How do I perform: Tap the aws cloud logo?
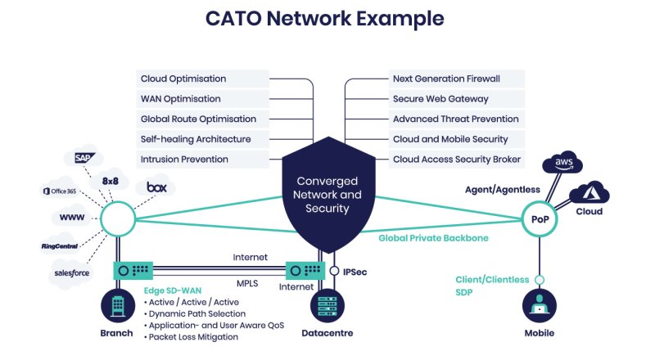[x=562, y=162]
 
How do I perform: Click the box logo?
[x=156, y=187]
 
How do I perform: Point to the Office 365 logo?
[x=60, y=191]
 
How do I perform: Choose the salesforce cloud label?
[x=71, y=273]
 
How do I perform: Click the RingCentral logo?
[x=59, y=246]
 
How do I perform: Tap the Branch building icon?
[x=118, y=306]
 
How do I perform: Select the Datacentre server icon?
[x=327, y=306]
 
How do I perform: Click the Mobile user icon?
[x=540, y=306]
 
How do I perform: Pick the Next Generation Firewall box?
[x=457, y=79]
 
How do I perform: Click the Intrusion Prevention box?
[x=202, y=159]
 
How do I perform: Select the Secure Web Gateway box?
[x=457, y=99]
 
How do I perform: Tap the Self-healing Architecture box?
[x=202, y=139]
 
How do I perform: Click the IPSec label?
[x=355, y=272]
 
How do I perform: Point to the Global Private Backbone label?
[x=433, y=238]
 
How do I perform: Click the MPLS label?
[x=247, y=284]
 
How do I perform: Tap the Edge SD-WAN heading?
[x=173, y=290]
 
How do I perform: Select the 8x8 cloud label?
[x=111, y=182]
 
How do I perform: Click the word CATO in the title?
[x=233, y=18]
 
